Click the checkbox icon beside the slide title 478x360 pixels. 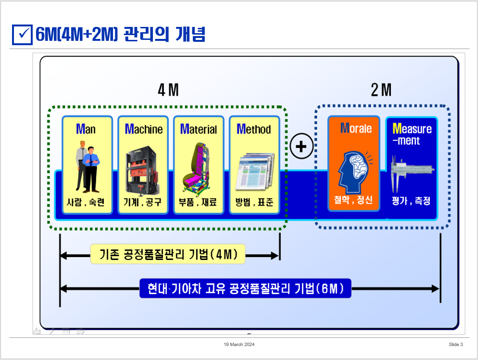click(x=22, y=34)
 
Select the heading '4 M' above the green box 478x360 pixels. click(x=168, y=90)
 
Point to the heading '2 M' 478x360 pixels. click(x=381, y=90)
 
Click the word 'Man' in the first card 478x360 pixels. click(x=86, y=129)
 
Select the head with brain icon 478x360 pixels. click(x=354, y=169)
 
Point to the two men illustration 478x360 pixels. click(x=87, y=166)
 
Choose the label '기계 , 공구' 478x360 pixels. click(x=142, y=202)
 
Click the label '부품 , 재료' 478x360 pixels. click(x=198, y=202)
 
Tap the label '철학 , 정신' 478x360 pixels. click(x=353, y=200)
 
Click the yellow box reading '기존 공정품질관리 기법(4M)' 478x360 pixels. click(x=168, y=254)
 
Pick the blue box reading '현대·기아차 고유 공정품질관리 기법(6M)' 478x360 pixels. click(x=245, y=288)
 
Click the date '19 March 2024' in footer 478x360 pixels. click(x=239, y=345)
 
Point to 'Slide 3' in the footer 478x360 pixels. click(x=455, y=345)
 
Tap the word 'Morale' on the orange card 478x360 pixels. click(x=356, y=129)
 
